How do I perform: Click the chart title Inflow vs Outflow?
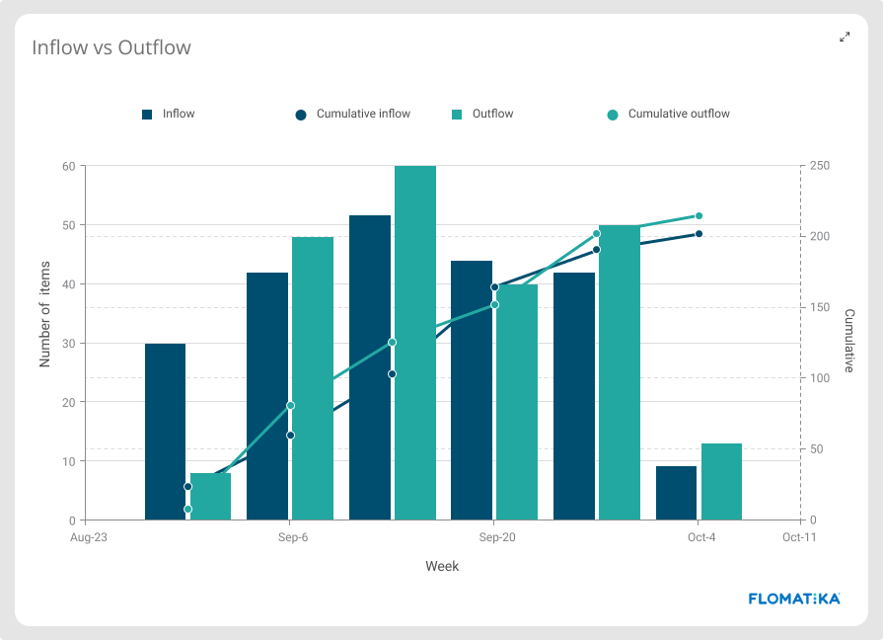pyautogui.click(x=111, y=47)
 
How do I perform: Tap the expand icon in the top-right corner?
pyautogui.click(x=845, y=37)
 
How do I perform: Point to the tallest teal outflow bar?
pyautogui.click(x=415, y=342)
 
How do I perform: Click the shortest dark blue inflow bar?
pyautogui.click(x=676, y=493)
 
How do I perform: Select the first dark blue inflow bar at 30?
pyautogui.click(x=165, y=432)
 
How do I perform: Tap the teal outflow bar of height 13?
pyautogui.click(x=721, y=482)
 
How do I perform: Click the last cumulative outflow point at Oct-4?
pyautogui.click(x=699, y=215)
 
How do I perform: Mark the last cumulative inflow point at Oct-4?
pyautogui.click(x=699, y=234)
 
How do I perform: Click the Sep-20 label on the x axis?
pyautogui.click(x=496, y=538)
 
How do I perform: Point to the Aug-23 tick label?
pyautogui.click(x=89, y=538)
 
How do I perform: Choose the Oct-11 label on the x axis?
pyautogui.click(x=799, y=538)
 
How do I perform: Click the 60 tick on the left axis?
pyautogui.click(x=68, y=166)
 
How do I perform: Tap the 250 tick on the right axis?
pyautogui.click(x=819, y=166)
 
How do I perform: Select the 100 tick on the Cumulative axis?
pyautogui.click(x=819, y=378)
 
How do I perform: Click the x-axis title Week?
pyautogui.click(x=442, y=566)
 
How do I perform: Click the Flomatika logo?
pyautogui.click(x=794, y=598)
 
